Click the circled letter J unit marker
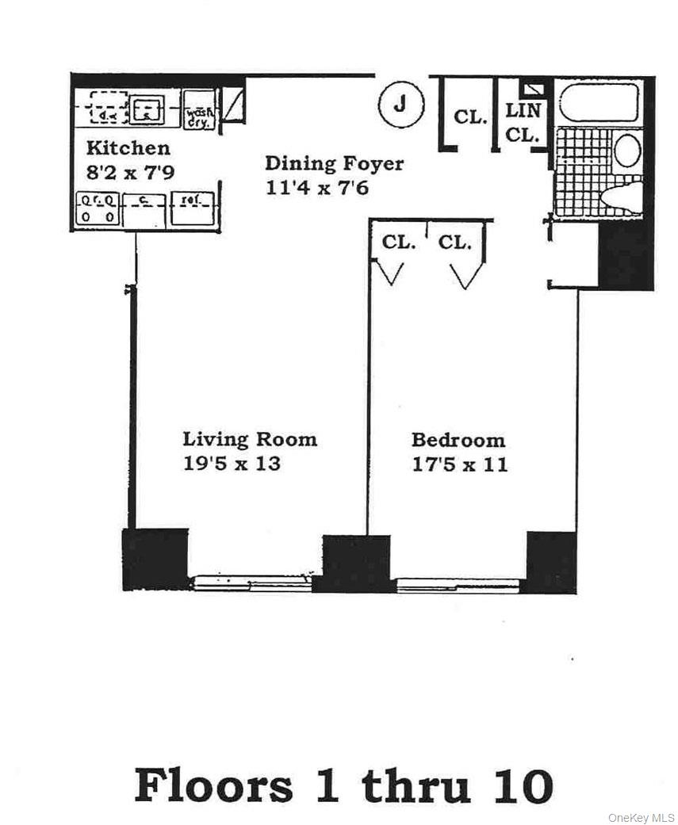[400, 104]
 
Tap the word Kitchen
[128, 148]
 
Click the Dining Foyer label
[334, 164]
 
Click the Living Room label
[250, 439]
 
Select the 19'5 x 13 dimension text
[232, 464]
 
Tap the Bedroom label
[458, 440]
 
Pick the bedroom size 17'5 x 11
[459, 464]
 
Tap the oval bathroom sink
[626, 150]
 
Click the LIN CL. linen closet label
[523, 122]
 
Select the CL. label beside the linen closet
[470, 117]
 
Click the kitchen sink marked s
[146, 110]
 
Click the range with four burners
[98, 209]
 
